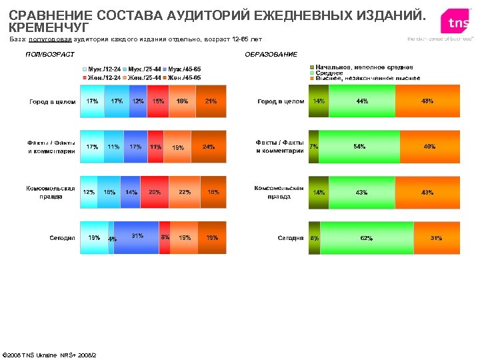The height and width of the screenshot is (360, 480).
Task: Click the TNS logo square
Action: [x=458, y=23]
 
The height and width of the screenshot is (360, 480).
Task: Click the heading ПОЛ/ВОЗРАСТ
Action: [x=49, y=54]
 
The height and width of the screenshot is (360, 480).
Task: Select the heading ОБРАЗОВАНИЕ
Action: [x=271, y=54]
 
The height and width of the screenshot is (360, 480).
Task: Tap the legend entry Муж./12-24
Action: [x=104, y=69]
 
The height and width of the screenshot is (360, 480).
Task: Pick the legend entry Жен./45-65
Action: [x=185, y=78]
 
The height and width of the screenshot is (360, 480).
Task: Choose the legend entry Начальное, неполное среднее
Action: [x=364, y=68]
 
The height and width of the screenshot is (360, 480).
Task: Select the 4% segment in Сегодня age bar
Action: [x=111, y=237]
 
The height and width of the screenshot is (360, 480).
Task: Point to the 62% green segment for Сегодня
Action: [x=367, y=237]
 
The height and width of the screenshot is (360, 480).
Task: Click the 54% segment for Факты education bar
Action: [x=359, y=147]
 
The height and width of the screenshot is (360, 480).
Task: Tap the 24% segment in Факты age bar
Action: [x=209, y=147]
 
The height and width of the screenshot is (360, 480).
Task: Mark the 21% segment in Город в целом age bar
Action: [x=211, y=101]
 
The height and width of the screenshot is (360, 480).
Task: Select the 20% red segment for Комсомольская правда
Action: [x=155, y=192]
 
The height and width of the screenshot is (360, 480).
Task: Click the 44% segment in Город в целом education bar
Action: [x=362, y=101]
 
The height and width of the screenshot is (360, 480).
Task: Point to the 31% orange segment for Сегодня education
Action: [x=437, y=237]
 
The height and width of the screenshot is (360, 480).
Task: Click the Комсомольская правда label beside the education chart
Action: [x=280, y=192]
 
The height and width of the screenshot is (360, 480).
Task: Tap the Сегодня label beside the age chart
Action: [x=62, y=237]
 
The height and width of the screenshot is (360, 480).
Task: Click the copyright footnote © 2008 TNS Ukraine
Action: [x=49, y=354]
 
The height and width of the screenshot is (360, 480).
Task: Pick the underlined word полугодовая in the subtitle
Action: [x=43, y=39]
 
